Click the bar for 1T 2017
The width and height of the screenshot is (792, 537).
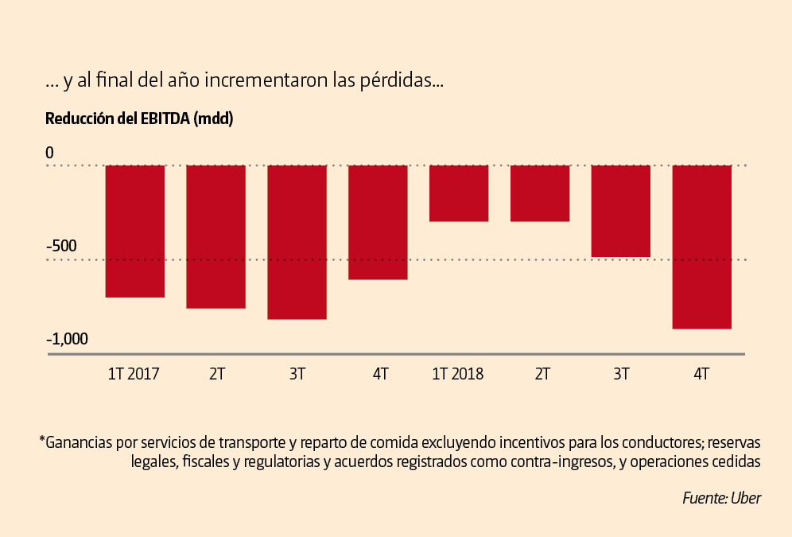point(135,231)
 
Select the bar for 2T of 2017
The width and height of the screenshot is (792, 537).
point(216,236)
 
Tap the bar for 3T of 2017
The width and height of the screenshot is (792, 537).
point(297,242)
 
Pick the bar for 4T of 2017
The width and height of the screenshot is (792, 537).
point(379,222)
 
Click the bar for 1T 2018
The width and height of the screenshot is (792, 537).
point(459,193)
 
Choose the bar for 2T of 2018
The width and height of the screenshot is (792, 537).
point(540,193)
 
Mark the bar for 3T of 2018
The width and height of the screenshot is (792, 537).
point(621,211)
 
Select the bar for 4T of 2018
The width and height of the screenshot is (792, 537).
point(702,247)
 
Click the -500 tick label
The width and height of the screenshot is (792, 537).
point(61,245)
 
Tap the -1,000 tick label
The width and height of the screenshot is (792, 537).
point(67,339)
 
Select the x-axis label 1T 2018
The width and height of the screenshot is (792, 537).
point(458,374)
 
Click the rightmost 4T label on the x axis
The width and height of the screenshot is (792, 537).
point(701,374)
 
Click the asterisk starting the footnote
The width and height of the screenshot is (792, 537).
point(41,439)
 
